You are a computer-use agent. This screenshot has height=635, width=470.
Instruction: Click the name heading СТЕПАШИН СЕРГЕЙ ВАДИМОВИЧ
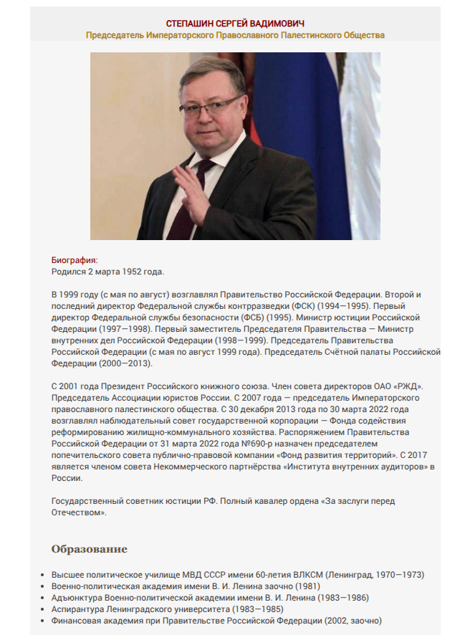click(x=235, y=24)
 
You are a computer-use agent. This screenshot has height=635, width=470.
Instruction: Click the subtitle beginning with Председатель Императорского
click(x=235, y=35)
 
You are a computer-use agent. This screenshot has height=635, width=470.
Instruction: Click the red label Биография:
click(x=74, y=260)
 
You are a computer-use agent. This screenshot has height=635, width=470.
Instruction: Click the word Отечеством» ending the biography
click(x=80, y=512)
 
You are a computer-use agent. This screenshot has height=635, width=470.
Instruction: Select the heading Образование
click(x=89, y=550)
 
